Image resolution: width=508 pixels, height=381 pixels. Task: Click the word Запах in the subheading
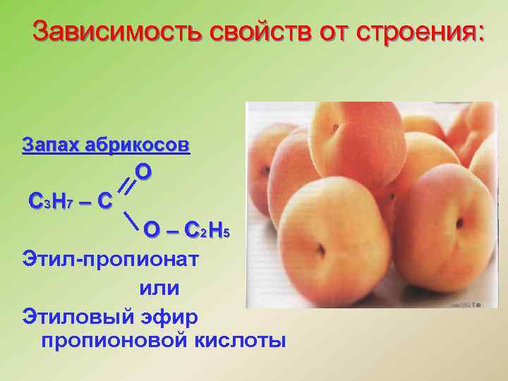(x=51, y=145)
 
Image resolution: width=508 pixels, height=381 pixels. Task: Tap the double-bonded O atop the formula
(x=143, y=171)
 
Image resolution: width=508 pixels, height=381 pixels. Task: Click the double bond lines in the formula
(x=126, y=185)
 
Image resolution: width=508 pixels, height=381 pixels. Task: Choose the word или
(x=159, y=288)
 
